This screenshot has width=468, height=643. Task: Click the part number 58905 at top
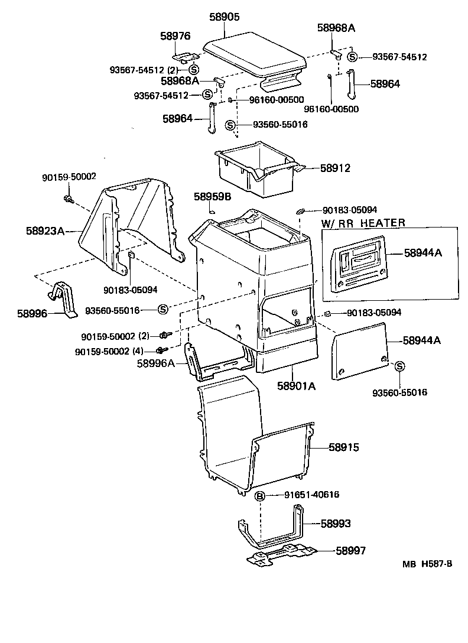(224, 18)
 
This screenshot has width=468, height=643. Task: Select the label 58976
(175, 36)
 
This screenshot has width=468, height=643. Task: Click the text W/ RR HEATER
(363, 223)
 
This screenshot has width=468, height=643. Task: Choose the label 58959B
(212, 195)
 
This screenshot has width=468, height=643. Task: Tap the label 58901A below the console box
(296, 386)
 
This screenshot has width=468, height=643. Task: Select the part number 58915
(339, 448)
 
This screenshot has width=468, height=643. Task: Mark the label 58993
(336, 524)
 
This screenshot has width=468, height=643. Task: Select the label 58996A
(155, 364)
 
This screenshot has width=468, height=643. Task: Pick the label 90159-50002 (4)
(109, 351)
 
